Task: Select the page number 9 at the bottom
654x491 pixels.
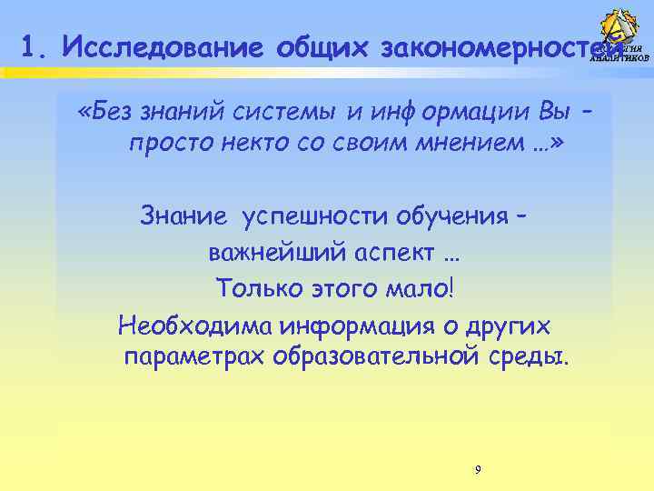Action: (x=478, y=469)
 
